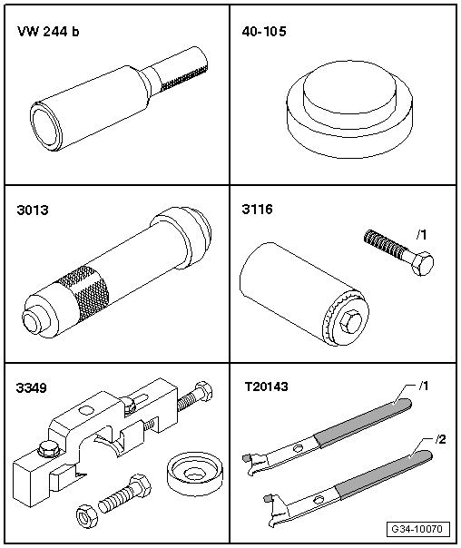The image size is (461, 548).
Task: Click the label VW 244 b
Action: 48,32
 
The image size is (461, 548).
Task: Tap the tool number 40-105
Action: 264,32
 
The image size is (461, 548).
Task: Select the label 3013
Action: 33,210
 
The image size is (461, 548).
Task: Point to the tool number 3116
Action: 257,210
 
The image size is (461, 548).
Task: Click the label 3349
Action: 32,388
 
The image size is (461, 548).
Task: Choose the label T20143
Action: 266,387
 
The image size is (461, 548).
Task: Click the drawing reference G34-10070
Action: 418,529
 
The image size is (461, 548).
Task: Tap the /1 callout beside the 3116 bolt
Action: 421,235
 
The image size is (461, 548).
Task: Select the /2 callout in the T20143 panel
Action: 440,439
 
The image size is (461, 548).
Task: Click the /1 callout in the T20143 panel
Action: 423,387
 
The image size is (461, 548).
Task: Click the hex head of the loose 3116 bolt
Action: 422,263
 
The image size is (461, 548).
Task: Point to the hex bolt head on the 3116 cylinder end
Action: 349,321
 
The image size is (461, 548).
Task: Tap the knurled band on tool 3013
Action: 83,293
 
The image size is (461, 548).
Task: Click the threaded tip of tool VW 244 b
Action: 185,77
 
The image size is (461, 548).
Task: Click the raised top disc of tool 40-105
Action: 350,87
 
